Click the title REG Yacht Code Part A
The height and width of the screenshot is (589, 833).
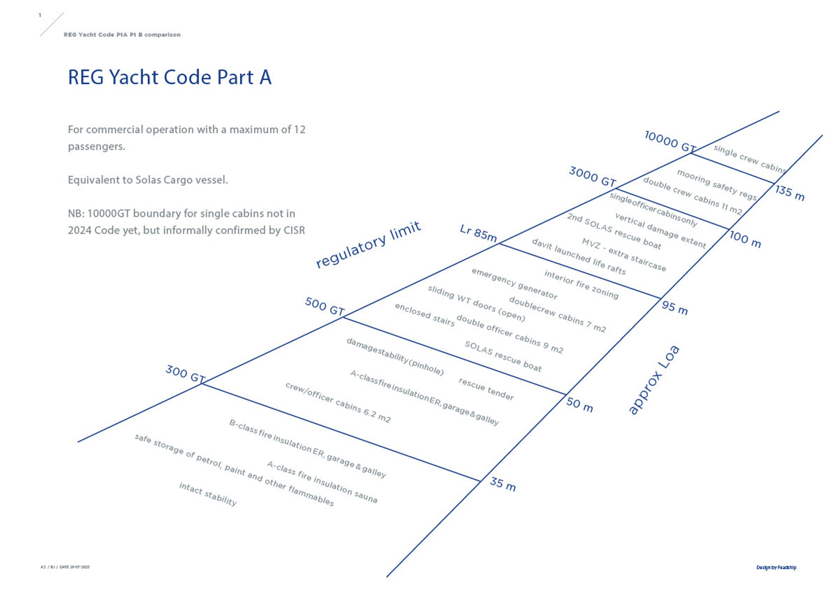coord(170,77)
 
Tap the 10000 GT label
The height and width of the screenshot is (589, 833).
coord(670,141)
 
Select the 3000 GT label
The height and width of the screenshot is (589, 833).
coord(592,177)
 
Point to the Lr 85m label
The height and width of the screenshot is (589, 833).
coord(478,233)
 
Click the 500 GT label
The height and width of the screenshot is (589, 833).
coord(325,306)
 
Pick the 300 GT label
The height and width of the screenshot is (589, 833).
coord(185,374)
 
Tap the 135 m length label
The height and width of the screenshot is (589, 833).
coord(790,193)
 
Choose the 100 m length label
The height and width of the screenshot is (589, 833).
coord(745,239)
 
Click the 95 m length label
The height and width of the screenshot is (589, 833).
coord(675,308)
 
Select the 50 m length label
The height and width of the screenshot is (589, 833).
coord(579,405)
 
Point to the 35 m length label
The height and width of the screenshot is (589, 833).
coord(503,484)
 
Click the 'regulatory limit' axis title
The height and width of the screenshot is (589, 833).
coord(368,244)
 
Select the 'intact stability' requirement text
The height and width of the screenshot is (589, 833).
coord(208,494)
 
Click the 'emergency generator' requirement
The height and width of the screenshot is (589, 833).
coord(514,284)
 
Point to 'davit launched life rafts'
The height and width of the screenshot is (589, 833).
coord(579,257)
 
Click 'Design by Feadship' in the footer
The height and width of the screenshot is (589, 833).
coord(776,567)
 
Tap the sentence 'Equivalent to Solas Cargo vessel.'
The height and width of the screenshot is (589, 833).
coord(148,180)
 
